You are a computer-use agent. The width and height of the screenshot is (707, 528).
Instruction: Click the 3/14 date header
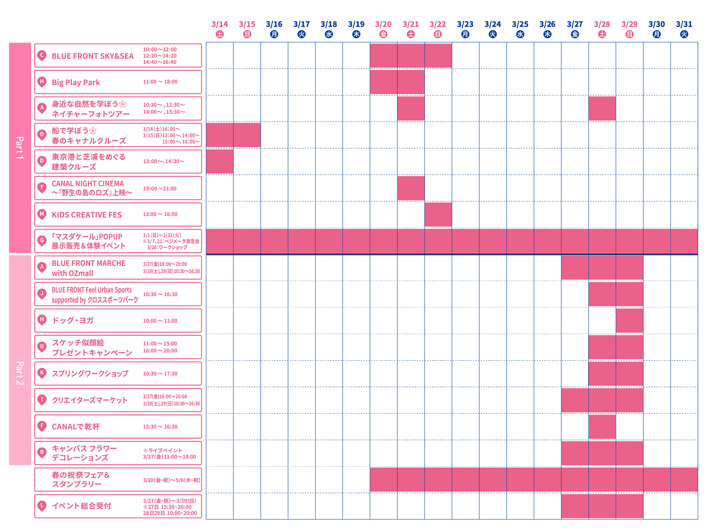click(x=219, y=24)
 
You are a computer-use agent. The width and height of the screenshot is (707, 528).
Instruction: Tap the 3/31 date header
click(x=684, y=24)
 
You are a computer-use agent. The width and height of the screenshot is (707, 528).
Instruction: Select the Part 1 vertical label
click(x=20, y=148)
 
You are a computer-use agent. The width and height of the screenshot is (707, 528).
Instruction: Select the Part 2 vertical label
click(x=20, y=373)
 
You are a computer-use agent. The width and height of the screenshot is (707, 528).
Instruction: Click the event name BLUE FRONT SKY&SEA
click(x=93, y=56)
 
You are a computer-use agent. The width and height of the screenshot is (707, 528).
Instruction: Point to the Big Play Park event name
click(x=76, y=82)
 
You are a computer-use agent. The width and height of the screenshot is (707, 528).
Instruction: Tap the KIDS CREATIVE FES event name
click(x=87, y=215)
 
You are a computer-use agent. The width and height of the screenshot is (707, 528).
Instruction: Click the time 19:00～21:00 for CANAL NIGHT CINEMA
click(x=159, y=189)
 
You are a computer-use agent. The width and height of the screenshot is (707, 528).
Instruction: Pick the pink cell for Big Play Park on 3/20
click(x=383, y=82)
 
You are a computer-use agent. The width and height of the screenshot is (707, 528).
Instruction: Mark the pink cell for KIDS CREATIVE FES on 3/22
click(x=438, y=214)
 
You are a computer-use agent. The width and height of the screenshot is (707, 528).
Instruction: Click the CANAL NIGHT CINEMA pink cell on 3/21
click(x=411, y=188)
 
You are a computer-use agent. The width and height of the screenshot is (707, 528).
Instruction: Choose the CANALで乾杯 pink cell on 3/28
click(x=602, y=427)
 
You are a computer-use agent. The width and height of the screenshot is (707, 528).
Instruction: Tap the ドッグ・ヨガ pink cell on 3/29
click(x=629, y=321)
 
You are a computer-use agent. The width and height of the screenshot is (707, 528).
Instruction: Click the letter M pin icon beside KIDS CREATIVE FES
click(x=42, y=214)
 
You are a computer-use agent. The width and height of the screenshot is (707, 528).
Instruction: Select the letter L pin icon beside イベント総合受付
click(x=42, y=506)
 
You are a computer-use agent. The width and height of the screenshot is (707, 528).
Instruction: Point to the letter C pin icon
click(x=42, y=55)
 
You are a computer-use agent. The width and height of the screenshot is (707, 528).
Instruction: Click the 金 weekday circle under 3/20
click(x=383, y=34)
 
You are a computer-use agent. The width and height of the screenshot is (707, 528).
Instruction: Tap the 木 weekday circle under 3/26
click(x=547, y=34)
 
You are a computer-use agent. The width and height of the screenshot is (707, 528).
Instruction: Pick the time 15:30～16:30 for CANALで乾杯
click(x=160, y=427)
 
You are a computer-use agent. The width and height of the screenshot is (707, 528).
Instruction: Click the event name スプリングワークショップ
click(x=90, y=374)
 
